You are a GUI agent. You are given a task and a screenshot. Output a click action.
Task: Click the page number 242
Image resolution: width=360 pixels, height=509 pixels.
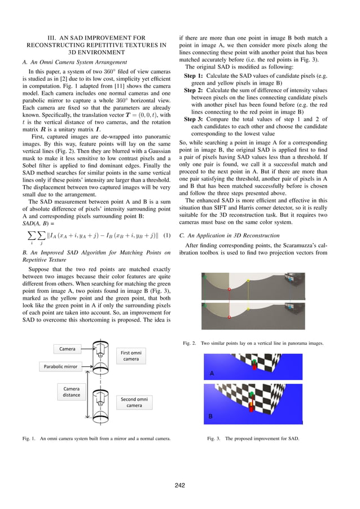[x=180, y=485]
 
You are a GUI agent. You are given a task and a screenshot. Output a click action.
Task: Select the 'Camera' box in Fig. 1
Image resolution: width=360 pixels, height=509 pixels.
[x=67, y=349]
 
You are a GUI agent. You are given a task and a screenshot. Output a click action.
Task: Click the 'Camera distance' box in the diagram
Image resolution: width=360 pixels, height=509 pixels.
[x=71, y=392]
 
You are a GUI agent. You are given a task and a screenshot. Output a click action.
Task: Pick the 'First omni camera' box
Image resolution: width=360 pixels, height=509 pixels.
[x=131, y=356]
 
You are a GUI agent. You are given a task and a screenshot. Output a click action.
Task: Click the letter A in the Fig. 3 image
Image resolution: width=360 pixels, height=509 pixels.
[x=212, y=374]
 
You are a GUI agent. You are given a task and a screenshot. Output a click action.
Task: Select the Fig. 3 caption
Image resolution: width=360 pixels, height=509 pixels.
[x=253, y=438]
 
